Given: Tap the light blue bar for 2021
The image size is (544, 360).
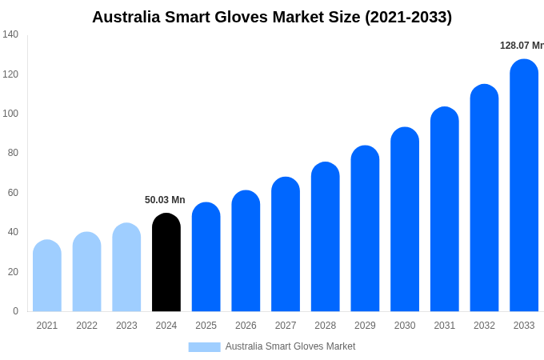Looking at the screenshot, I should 47,276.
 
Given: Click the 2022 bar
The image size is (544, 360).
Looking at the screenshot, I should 87,272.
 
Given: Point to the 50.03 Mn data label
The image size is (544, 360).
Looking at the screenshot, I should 165,200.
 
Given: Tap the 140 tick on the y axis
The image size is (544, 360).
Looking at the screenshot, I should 10,34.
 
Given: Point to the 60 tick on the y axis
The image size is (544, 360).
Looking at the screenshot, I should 13,193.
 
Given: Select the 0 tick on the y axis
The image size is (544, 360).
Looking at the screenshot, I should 15,311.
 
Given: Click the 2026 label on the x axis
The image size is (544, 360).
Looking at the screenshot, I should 246,326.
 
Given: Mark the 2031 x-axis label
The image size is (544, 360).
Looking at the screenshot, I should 445,326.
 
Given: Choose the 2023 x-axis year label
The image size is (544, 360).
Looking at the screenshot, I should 126,326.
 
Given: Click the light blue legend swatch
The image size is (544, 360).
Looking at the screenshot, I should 204,346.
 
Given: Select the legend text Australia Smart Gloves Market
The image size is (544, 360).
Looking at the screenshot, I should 290,346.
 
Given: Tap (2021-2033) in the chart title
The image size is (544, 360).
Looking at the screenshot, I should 408,17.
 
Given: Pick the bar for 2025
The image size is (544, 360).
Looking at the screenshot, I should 206,257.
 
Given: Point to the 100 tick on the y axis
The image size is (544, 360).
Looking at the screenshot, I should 10,114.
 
